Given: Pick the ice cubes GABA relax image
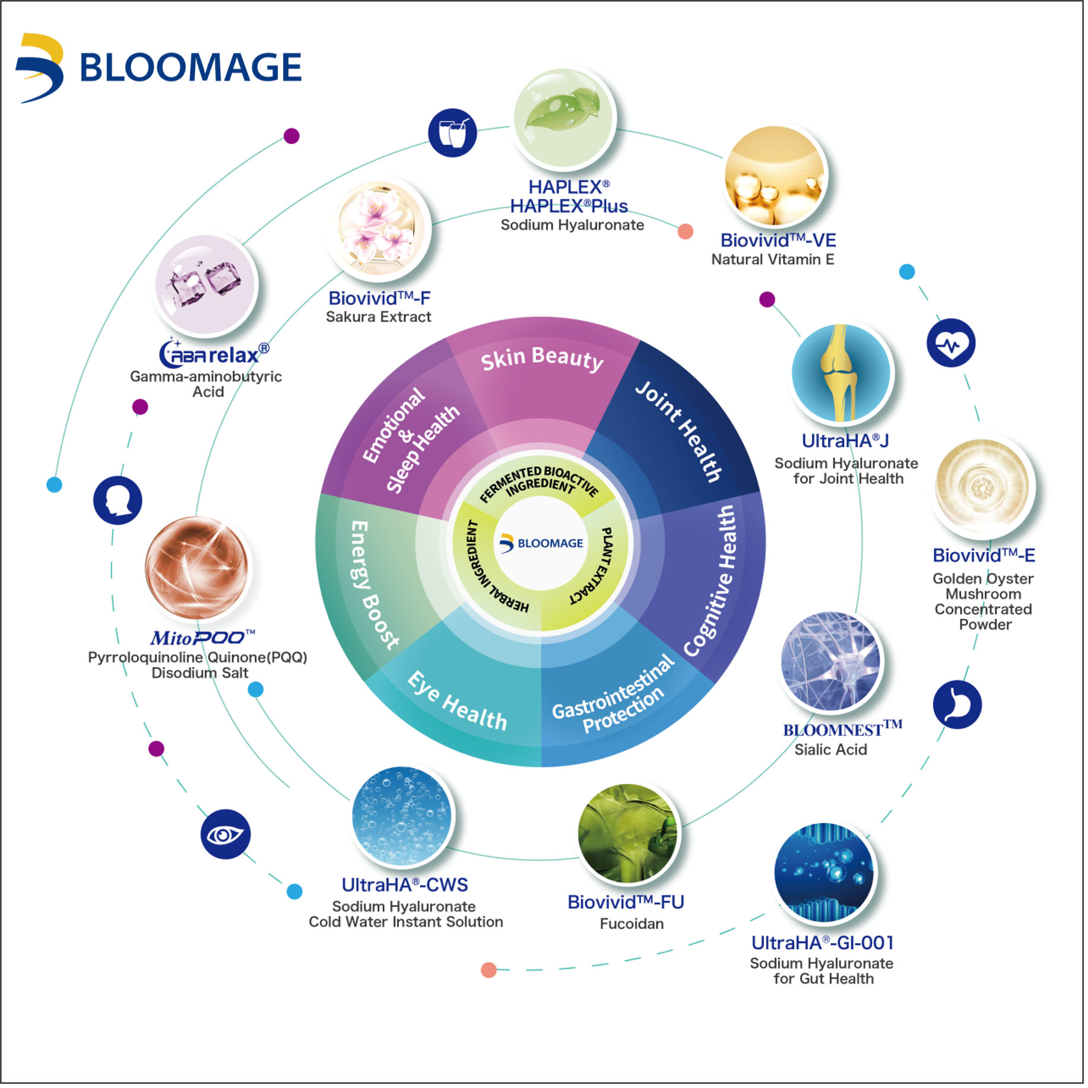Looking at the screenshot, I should pos(206,284).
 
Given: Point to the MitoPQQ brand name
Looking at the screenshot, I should pos(202,640).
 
